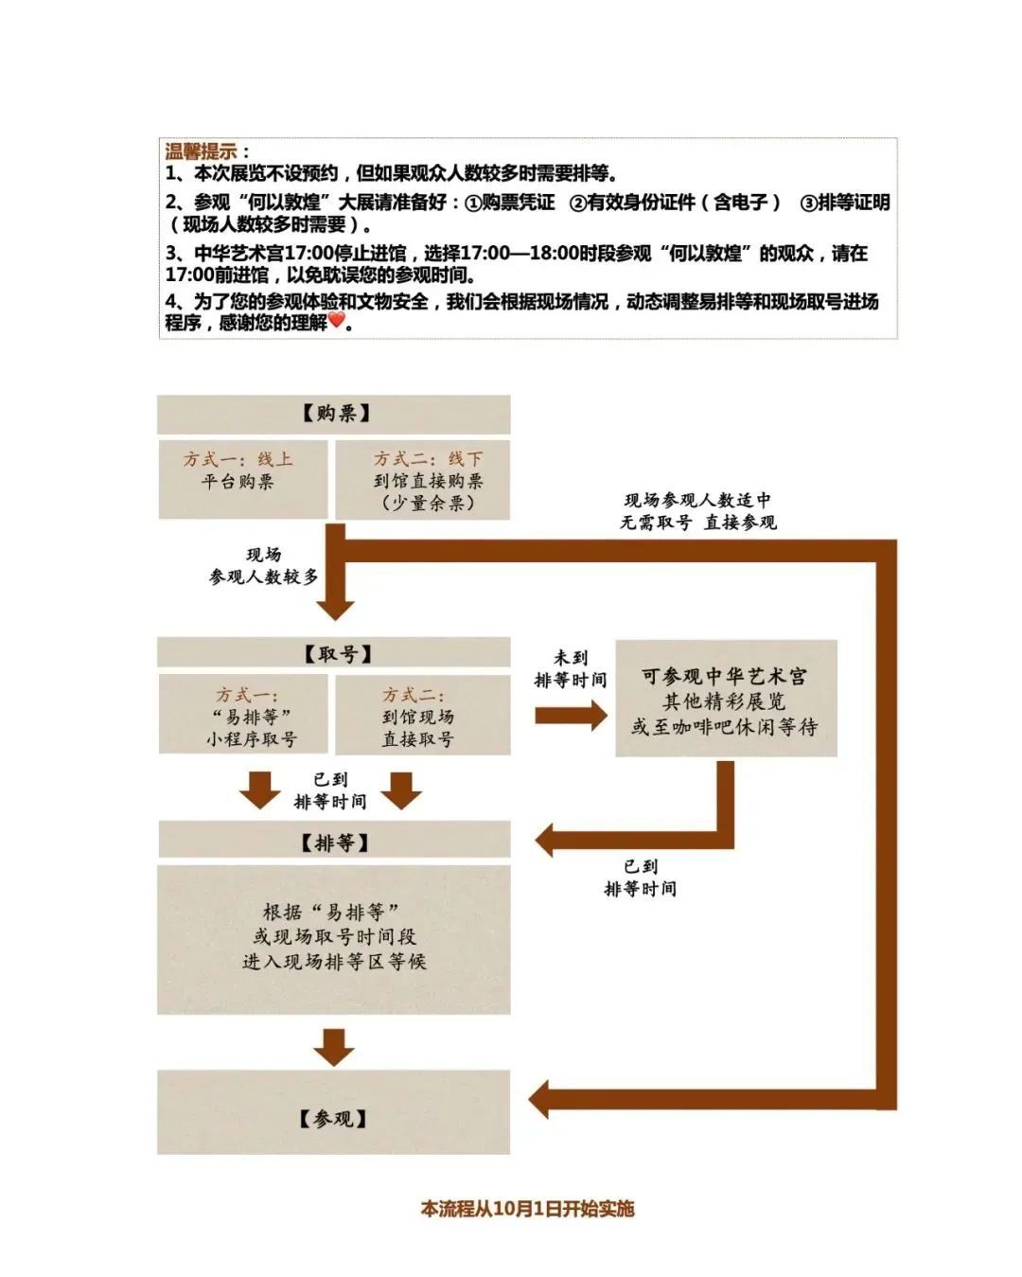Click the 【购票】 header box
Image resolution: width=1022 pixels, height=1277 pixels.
(x=333, y=414)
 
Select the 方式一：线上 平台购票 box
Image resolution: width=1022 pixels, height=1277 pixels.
(x=242, y=479)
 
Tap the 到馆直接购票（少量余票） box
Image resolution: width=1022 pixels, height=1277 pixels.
(x=422, y=480)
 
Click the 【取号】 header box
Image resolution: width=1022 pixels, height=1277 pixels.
(x=333, y=653)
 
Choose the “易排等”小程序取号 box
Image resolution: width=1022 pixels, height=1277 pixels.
(x=242, y=714)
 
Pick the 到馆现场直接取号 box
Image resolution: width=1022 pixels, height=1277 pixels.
(x=422, y=715)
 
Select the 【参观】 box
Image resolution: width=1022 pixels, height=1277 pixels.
(x=333, y=1119)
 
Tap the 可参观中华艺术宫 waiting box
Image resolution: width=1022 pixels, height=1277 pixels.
(x=726, y=699)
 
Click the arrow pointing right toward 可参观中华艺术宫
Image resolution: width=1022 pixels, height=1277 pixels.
(x=571, y=716)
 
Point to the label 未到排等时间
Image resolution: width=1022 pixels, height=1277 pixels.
(x=570, y=668)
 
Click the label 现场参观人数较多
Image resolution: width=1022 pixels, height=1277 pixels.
(x=263, y=565)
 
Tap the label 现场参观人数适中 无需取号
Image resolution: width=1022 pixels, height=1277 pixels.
(x=697, y=511)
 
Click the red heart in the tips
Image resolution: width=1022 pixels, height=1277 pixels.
(x=336, y=321)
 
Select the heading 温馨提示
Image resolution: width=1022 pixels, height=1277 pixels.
(x=200, y=151)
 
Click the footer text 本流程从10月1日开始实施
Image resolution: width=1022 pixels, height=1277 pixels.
(x=527, y=1209)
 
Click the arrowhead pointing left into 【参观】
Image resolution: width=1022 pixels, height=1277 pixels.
(x=538, y=1100)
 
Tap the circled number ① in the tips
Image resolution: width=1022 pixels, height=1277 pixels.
(x=473, y=204)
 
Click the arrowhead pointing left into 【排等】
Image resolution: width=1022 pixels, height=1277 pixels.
(x=544, y=841)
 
